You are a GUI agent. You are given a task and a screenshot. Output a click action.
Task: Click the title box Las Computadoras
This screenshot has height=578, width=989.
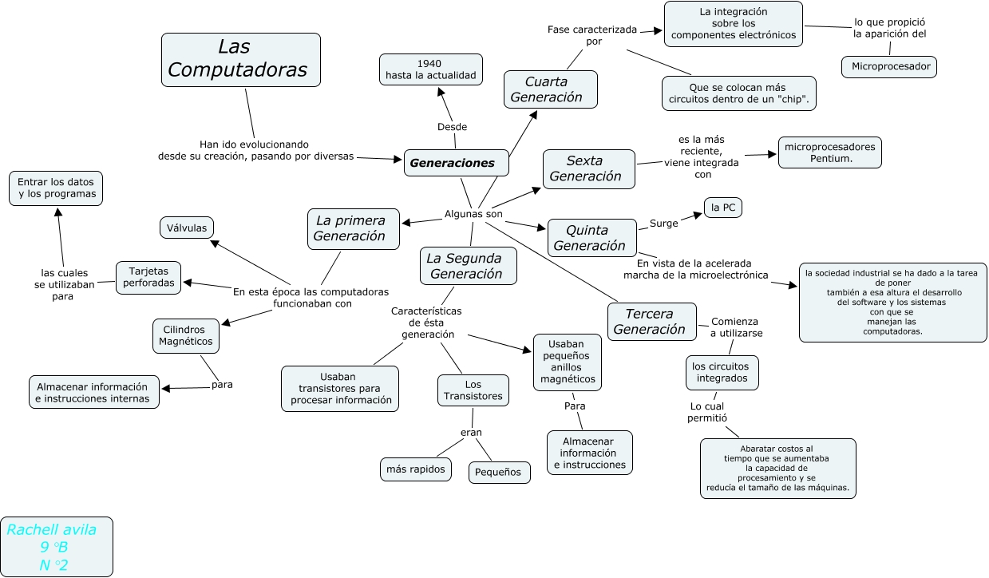click(x=240, y=59)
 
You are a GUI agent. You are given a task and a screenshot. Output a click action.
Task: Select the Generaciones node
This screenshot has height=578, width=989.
click(x=456, y=163)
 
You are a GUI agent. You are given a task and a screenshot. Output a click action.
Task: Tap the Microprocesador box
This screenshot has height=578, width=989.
click(x=888, y=67)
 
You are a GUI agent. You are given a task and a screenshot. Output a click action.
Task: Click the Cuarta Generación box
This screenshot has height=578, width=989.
click(x=551, y=89)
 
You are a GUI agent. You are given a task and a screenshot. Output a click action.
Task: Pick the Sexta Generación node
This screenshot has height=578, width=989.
click(x=588, y=168)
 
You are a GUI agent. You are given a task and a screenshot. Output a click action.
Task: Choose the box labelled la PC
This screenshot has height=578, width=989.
click(x=722, y=208)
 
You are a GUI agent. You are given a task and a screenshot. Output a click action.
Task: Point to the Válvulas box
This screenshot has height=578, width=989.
click(x=187, y=228)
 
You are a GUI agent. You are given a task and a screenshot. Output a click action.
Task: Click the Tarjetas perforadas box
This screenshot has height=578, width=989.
click(x=148, y=276)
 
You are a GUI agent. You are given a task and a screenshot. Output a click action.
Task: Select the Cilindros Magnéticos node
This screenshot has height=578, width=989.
click(x=185, y=335)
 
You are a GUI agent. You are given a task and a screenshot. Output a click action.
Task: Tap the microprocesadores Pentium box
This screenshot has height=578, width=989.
click(x=829, y=152)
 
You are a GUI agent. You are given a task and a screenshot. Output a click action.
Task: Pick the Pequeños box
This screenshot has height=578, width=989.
click(x=499, y=472)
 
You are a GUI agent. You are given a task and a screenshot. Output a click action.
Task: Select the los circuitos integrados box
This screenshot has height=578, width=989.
click(x=722, y=372)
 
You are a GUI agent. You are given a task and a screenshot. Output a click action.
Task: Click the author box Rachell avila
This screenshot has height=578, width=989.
click(x=57, y=547)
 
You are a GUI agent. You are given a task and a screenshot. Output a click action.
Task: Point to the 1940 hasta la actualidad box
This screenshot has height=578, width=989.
click(x=430, y=69)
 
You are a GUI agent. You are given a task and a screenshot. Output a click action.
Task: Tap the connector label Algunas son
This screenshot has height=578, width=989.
click(x=473, y=214)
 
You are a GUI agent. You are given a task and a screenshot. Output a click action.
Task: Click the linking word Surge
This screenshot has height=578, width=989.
click(x=663, y=223)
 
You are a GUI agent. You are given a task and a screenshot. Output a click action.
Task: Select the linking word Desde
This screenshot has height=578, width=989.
click(x=452, y=127)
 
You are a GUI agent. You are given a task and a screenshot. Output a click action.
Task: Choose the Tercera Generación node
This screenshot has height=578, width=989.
click(x=651, y=322)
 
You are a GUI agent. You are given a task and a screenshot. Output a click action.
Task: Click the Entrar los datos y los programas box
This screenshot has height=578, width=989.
click(x=56, y=188)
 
